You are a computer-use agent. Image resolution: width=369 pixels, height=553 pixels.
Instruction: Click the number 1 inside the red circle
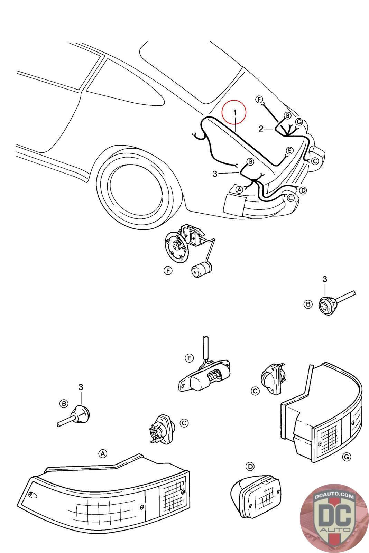[x=235, y=113]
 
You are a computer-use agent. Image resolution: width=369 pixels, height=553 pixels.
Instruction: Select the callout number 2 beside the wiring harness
[x=261, y=129]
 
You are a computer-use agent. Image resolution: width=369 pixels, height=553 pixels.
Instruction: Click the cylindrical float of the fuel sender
[x=202, y=270]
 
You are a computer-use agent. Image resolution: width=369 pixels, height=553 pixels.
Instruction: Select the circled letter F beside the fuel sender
[x=168, y=271]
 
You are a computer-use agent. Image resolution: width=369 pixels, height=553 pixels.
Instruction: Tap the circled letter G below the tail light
[x=347, y=457]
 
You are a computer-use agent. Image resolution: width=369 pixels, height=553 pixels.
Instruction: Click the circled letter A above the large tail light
[x=102, y=453]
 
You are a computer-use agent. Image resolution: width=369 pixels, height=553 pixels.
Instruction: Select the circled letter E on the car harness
[x=289, y=150]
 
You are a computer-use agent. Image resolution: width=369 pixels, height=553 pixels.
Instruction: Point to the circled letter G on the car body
[x=299, y=122]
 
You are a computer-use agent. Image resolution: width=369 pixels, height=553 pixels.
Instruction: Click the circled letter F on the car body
[x=259, y=99]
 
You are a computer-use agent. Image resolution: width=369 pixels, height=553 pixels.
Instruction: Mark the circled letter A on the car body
[x=239, y=190]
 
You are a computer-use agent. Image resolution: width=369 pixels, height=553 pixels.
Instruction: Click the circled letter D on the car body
[x=303, y=190]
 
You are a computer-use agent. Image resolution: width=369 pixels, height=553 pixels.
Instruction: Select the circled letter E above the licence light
[x=189, y=358]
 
